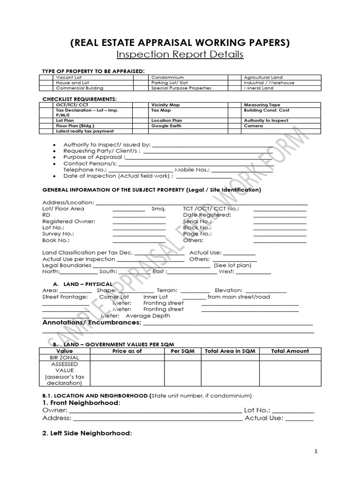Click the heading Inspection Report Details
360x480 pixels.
(x=180, y=54)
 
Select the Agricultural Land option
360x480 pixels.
(x=263, y=77)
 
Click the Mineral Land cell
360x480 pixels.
(x=258, y=88)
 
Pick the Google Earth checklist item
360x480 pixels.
(x=166, y=126)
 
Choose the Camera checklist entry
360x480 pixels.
(x=254, y=126)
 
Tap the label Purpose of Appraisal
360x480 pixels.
(x=94, y=157)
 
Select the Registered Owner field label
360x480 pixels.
(x=69, y=221)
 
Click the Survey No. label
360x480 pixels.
(x=58, y=233)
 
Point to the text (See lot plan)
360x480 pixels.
(x=232, y=265)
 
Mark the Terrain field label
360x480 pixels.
(x=167, y=291)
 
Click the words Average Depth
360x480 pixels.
(x=151, y=315)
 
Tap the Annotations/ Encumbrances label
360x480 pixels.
(x=92, y=323)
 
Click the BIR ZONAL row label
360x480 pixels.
(x=65, y=357)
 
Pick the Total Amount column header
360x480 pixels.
(x=290, y=351)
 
